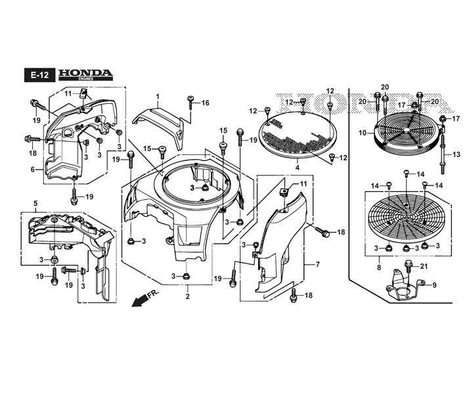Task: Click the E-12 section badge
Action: click(39, 75)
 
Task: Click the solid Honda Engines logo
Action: click(85, 75)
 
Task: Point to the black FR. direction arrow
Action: click(140, 300)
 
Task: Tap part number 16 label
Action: click(205, 103)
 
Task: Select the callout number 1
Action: click(158, 97)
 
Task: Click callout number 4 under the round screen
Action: click(298, 167)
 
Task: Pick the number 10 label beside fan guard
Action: click(362, 133)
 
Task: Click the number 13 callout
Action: click(457, 154)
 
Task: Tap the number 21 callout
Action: click(424, 266)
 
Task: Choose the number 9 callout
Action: click(434, 285)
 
